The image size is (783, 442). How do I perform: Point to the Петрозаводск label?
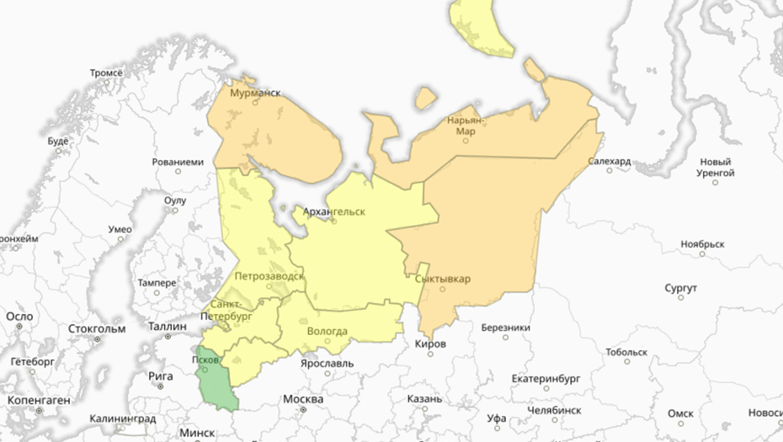[x=269, y=275]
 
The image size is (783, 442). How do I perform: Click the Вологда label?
[x=327, y=331]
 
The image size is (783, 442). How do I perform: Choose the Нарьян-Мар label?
[x=465, y=125]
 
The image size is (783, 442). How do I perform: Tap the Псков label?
[x=206, y=358]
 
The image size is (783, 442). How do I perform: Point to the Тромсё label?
[x=106, y=73]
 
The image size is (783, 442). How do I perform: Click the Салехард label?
[x=610, y=161]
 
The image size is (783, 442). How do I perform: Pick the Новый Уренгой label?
[x=716, y=168]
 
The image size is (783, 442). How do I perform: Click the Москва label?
[x=303, y=398]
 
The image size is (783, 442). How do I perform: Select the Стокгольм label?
[x=96, y=328]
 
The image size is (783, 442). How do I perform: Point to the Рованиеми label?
[x=178, y=162]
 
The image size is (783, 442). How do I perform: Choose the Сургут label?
[x=680, y=289]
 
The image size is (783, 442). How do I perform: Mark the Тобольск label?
[x=626, y=352]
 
